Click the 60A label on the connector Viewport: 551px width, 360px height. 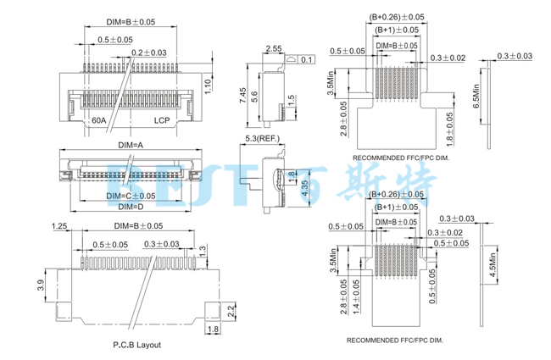pos(99,121)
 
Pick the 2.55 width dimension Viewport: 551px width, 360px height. pos(274,49)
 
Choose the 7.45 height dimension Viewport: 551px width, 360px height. pos(242,95)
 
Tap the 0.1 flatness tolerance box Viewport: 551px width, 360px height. pos(306,59)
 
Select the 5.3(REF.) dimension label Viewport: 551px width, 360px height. pos(263,138)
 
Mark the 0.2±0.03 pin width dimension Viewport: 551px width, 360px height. pos(149,52)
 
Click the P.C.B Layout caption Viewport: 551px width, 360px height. pos(136,345)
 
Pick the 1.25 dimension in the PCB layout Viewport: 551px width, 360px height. pos(58,226)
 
